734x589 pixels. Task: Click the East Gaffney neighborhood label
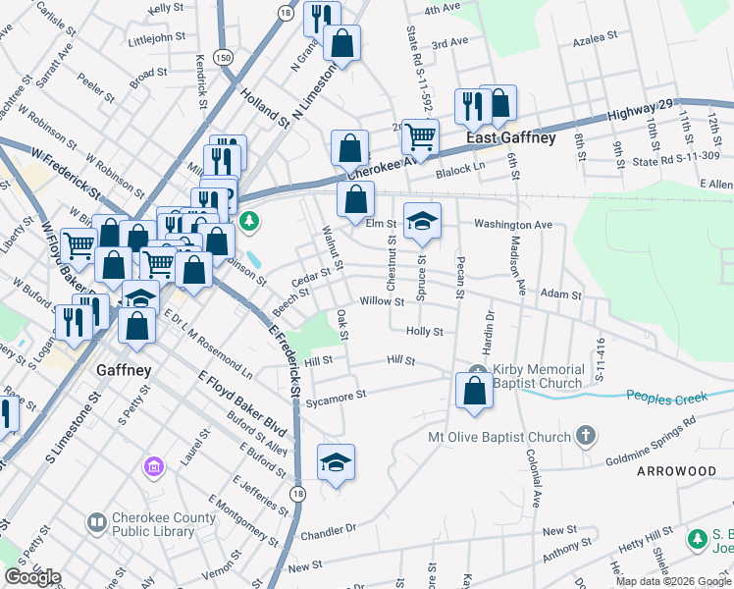(510, 137)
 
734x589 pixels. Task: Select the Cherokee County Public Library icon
(96, 522)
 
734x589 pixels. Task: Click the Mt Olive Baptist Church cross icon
(586, 436)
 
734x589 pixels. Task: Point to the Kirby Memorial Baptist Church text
(539, 376)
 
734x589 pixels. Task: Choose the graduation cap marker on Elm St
(422, 221)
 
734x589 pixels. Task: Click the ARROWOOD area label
(676, 471)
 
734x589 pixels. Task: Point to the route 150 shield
(225, 58)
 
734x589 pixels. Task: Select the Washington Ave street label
(513, 225)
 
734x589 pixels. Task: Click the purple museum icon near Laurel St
(154, 464)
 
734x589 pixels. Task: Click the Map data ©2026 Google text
(672, 581)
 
